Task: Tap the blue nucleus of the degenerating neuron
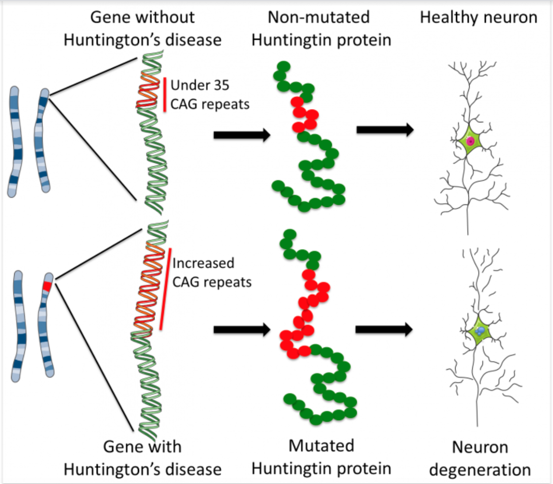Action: (480, 331)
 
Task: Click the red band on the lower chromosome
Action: (47, 286)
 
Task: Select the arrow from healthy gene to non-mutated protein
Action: (241, 134)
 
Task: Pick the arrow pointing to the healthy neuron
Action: (385, 130)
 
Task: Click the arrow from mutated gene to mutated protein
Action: (241, 329)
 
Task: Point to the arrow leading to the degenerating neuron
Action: (384, 329)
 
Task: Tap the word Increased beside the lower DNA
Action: (203, 263)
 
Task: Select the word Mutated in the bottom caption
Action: (321, 445)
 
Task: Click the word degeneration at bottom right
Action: (480, 470)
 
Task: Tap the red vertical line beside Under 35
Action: (165, 94)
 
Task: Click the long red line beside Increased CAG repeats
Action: (165, 289)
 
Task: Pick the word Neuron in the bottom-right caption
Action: (480, 447)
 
